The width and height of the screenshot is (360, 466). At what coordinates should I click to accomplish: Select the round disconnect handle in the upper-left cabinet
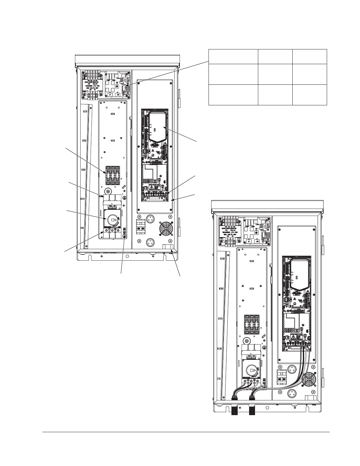(x=112, y=220)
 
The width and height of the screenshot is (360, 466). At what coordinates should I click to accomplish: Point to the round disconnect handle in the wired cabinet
(x=251, y=370)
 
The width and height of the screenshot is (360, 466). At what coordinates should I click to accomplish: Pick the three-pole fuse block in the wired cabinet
(x=252, y=324)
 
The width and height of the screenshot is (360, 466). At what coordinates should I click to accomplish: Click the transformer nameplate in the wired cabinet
(x=230, y=229)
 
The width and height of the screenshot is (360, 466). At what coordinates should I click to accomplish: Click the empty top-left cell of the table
(x=233, y=56)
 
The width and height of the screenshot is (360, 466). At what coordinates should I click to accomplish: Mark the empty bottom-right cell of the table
(x=310, y=95)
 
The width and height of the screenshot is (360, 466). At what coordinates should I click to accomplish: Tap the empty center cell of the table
(x=275, y=74)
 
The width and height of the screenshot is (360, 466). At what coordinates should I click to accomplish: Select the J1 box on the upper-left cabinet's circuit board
(x=110, y=95)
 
